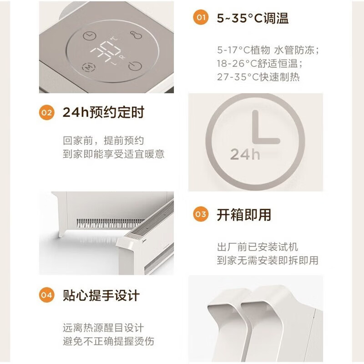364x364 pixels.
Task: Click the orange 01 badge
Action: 200,18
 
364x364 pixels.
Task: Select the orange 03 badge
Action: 200,214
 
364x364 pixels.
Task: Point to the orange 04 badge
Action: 46,295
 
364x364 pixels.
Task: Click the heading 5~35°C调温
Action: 253,18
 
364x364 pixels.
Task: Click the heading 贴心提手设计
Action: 101,295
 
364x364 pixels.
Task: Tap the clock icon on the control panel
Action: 89,36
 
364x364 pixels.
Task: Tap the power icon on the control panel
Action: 133,67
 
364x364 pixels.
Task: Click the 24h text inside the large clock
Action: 245,154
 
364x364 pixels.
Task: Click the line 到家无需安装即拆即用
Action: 268,260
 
